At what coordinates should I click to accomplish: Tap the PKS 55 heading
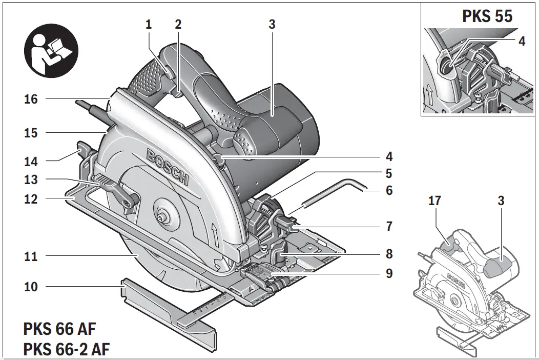click(x=487, y=15)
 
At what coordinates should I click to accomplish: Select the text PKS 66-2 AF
click(x=67, y=349)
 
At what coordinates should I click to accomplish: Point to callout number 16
click(x=31, y=99)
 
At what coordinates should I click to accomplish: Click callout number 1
click(x=149, y=24)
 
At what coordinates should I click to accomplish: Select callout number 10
click(x=31, y=286)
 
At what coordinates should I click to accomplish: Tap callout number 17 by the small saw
click(x=434, y=201)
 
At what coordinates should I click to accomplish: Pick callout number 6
click(x=389, y=190)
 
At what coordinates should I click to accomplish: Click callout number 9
click(x=389, y=273)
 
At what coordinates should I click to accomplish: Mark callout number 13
click(x=31, y=180)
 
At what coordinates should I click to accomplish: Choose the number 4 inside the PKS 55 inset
click(x=522, y=42)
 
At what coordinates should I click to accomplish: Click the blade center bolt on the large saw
click(x=164, y=217)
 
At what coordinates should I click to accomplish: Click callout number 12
click(x=31, y=198)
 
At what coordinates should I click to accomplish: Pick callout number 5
click(x=389, y=173)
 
